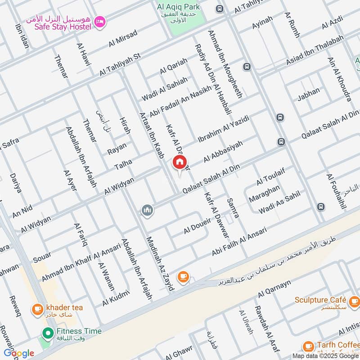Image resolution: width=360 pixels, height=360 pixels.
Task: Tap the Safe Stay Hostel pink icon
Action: coord(100,21)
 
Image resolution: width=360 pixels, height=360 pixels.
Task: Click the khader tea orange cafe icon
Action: coord(37,309)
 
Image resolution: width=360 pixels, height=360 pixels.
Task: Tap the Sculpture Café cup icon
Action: coord(354,300)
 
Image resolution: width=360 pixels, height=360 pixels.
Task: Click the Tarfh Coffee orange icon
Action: coord(308,346)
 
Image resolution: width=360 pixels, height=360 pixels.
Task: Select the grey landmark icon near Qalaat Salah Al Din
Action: coord(147,210)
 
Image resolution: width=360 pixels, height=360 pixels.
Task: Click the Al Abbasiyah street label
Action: coord(223,152)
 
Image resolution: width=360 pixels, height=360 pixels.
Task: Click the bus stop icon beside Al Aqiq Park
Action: coord(220,9)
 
